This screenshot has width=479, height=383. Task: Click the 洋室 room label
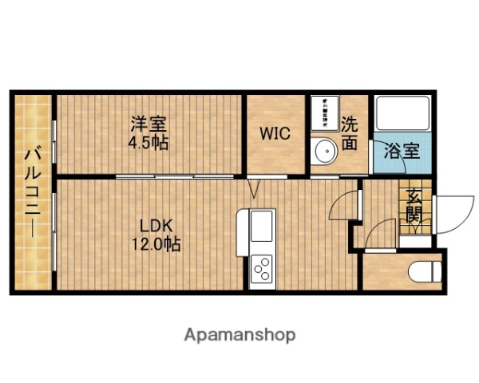click(150, 124)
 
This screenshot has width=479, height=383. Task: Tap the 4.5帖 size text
click(150, 143)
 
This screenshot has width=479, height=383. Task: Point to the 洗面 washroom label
click(350, 133)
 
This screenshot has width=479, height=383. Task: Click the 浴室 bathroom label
click(402, 151)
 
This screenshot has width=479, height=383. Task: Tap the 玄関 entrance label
click(414, 205)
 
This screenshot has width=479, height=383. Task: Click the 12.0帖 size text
click(156, 243)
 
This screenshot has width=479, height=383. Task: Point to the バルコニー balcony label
click(33, 191)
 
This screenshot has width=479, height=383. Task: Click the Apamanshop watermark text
click(240, 334)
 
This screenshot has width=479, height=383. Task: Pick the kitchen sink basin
click(261, 231)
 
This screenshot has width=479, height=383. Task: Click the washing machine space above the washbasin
click(326, 111)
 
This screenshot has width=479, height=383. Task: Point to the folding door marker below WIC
click(254, 189)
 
